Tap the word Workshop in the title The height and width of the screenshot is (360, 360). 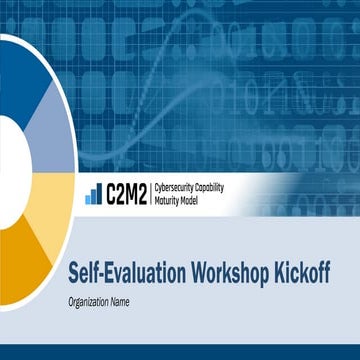(x=217, y=271)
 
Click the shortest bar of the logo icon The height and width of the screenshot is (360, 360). (x=88, y=199)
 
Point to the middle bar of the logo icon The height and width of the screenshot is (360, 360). (x=93, y=196)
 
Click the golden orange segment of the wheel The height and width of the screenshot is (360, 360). (x=30, y=270)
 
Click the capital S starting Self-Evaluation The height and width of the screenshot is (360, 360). (x=75, y=271)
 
